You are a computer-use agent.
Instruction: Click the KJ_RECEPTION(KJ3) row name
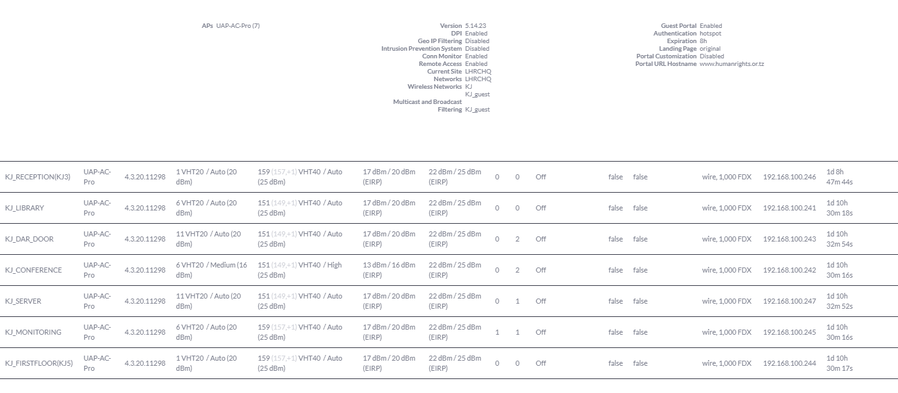[x=37, y=177]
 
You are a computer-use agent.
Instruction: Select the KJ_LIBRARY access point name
[x=24, y=208]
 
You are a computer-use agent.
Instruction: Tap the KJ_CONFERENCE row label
[x=33, y=270]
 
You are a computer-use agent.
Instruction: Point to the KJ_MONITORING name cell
[x=33, y=332]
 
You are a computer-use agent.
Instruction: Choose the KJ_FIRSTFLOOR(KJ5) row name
[x=39, y=363]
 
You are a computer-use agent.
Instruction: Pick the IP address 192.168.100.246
[x=789, y=177]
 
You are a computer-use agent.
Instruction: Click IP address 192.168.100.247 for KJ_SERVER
[x=789, y=301]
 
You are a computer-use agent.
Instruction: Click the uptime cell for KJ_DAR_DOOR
[x=840, y=239]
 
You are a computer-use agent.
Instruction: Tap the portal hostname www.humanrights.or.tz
[x=731, y=64]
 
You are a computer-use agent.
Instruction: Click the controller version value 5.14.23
[x=476, y=26]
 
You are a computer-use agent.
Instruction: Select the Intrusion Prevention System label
[x=421, y=49]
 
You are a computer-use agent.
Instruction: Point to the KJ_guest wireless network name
[x=477, y=94]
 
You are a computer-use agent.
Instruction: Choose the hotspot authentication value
[x=710, y=34]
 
